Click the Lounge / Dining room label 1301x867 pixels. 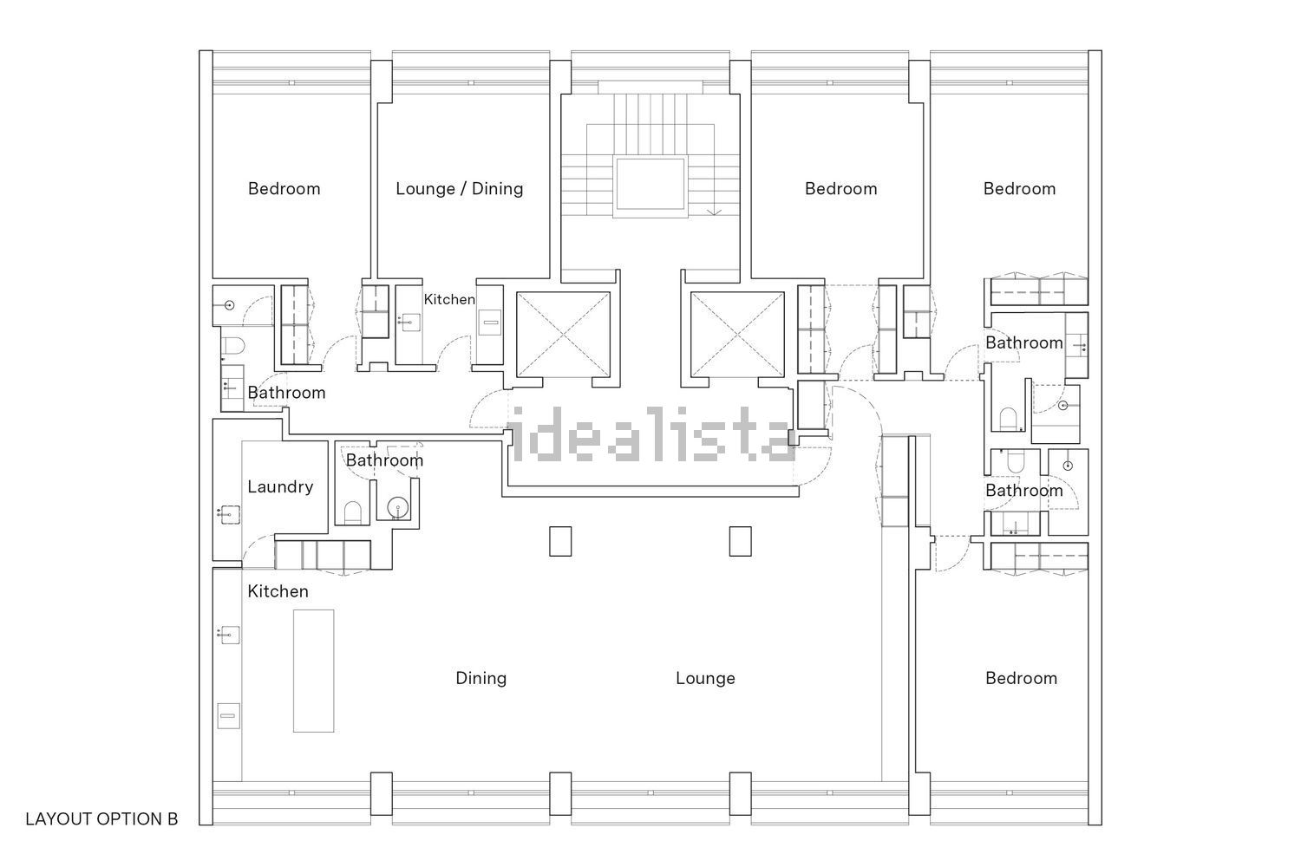(460, 189)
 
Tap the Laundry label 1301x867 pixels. (280, 486)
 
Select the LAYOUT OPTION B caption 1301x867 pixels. (101, 818)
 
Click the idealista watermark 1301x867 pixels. (650, 434)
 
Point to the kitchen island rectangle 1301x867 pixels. (314, 671)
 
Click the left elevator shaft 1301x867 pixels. (564, 335)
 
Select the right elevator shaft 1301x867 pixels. (737, 335)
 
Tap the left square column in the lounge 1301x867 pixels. (560, 541)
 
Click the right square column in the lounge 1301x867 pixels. (741, 541)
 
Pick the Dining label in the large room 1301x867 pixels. (481, 678)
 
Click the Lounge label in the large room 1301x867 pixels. (706, 678)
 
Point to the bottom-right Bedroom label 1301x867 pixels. (1022, 678)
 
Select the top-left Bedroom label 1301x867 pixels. (284, 189)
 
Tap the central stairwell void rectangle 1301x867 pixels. (650, 184)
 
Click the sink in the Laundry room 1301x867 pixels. (230, 514)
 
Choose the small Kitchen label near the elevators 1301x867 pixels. (449, 300)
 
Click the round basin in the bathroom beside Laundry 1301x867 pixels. (398, 507)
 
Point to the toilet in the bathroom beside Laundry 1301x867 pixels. (352, 512)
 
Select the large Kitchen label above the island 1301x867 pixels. (278, 592)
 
